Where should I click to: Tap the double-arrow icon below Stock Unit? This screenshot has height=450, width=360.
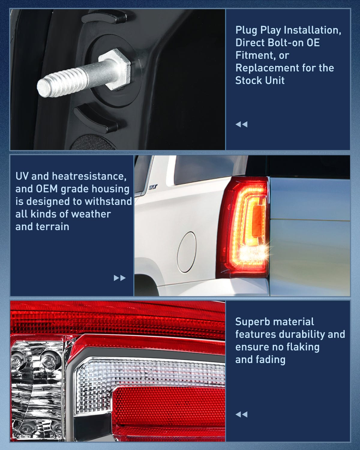[x=241, y=124]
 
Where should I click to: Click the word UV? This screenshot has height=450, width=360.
[x=22, y=176]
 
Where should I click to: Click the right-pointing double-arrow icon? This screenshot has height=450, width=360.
[x=119, y=278]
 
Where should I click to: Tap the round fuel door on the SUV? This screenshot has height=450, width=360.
[x=186, y=252]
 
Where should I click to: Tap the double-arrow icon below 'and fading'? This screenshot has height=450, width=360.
[x=241, y=414]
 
